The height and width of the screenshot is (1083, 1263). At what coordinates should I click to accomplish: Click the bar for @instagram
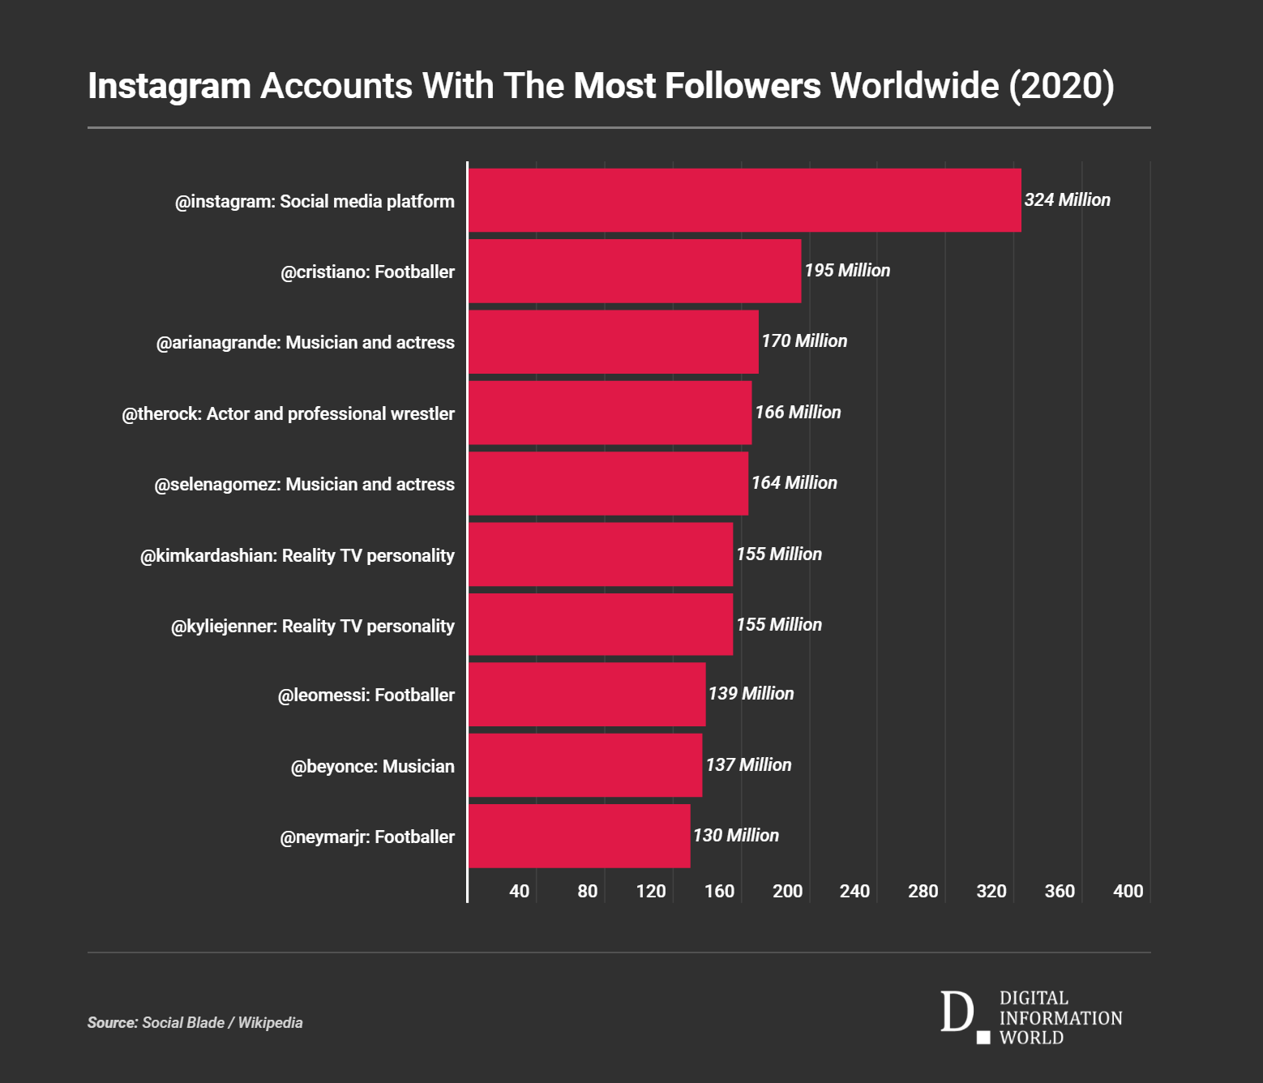[x=744, y=200]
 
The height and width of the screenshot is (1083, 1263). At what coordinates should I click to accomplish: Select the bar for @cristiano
[x=635, y=271]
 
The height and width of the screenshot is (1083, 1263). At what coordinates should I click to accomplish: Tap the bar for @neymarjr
[x=579, y=836]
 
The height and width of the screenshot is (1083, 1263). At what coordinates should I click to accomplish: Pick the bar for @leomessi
[x=587, y=695]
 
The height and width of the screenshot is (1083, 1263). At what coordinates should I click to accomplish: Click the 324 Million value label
[x=1067, y=200]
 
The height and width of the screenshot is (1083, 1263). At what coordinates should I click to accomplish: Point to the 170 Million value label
[x=804, y=341]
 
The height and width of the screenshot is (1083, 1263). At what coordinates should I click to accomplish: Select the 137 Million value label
[x=748, y=765]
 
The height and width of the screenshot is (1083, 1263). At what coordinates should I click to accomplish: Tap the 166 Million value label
[x=798, y=413]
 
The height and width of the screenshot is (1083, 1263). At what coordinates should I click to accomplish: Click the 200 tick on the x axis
[x=787, y=892]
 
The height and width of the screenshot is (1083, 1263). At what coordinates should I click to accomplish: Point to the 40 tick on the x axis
[x=519, y=892]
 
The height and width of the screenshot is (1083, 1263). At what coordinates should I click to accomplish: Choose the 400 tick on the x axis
[x=1128, y=892]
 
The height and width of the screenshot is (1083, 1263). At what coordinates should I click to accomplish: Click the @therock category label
[x=288, y=414]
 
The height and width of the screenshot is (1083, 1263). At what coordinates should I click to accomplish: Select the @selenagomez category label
[x=304, y=485]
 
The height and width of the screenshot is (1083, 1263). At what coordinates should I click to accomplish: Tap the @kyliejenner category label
[x=312, y=627]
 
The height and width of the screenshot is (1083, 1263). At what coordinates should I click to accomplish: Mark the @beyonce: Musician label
[x=372, y=767]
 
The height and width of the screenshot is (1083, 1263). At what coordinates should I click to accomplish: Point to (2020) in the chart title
[x=1061, y=86]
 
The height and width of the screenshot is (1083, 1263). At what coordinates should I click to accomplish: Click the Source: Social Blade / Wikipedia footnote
[x=195, y=1023]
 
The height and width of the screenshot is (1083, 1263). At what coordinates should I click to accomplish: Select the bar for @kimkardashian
[x=601, y=554]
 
